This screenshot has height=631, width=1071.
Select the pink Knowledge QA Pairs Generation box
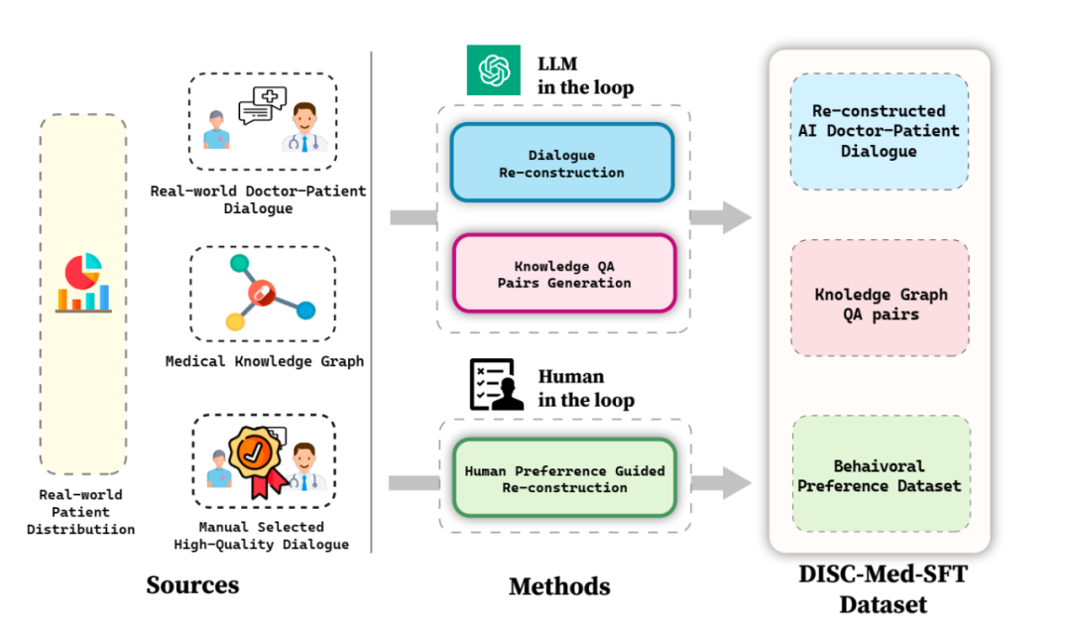tap(561, 275)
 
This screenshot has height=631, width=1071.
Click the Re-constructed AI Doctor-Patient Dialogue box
tap(879, 131)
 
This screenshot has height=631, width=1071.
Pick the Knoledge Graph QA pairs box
tap(880, 304)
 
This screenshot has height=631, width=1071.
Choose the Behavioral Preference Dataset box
tap(880, 475)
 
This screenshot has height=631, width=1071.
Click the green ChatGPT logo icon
tap(493, 70)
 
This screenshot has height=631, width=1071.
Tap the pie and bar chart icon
tap(83, 283)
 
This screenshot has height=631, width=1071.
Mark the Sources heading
tap(192, 584)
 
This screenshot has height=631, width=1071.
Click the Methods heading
tap(559, 585)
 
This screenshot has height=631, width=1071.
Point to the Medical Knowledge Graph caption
tap(265, 362)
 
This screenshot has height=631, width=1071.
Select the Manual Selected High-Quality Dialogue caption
tap(262, 535)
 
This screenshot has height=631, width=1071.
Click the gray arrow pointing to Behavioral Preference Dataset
tap(721, 483)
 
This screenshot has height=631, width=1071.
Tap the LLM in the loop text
tap(585, 75)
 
